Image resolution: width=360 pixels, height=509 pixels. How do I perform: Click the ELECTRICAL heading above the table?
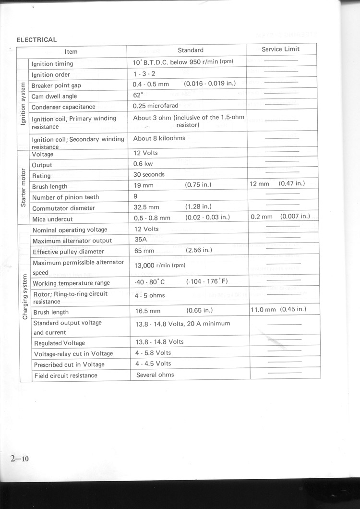(36, 39)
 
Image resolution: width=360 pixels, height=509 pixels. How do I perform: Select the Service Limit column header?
(280, 49)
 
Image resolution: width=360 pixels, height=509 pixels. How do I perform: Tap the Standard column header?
(190, 50)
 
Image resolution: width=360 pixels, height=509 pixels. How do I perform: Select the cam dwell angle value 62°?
(138, 95)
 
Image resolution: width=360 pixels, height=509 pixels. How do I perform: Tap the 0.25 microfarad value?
(156, 106)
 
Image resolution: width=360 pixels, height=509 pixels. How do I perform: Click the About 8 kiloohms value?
(159, 138)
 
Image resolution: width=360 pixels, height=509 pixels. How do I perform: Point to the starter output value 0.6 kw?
(143, 164)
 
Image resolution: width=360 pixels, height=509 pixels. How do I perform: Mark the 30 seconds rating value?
(149, 174)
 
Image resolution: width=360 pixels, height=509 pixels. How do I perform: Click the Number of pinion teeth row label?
(65, 197)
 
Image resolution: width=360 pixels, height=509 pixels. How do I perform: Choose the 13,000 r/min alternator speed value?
(159, 265)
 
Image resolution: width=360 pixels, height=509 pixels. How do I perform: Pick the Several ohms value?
(155, 375)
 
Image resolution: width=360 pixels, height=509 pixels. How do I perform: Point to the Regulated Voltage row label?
(60, 343)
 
